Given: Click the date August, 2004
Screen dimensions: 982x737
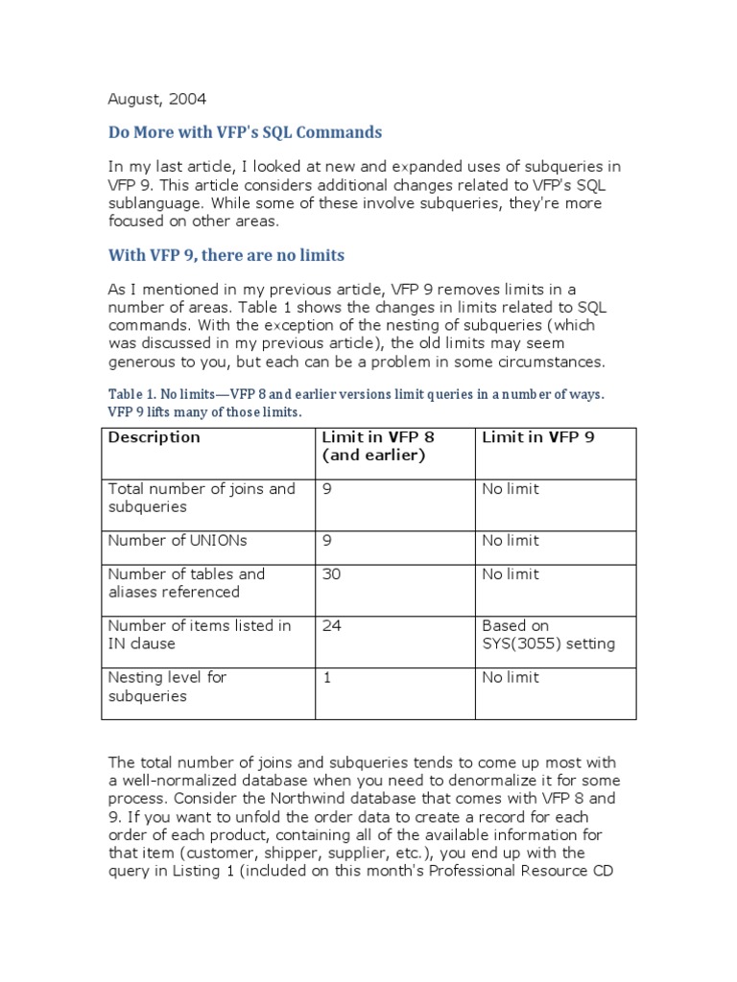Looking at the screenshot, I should [x=156, y=99].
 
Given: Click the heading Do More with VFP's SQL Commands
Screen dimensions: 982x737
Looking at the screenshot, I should [x=245, y=132].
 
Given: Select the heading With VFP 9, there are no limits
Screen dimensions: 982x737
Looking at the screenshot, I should [x=226, y=255].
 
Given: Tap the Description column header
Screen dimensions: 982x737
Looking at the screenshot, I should [x=154, y=437].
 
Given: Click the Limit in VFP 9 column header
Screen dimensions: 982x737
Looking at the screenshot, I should [x=537, y=437].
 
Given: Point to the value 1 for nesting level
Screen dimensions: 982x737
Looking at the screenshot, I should [x=327, y=678].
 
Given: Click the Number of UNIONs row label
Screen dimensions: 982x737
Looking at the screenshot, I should [x=178, y=541].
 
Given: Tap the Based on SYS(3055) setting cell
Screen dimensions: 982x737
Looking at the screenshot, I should [x=548, y=635].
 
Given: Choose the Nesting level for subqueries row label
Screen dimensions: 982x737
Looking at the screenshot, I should [x=167, y=687].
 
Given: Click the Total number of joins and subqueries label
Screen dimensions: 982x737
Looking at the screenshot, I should [x=202, y=498].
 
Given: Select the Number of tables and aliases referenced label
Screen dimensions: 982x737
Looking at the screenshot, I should [x=186, y=583].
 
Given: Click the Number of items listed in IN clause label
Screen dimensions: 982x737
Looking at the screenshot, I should [x=200, y=635].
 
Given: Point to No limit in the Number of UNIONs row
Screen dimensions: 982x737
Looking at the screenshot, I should [x=511, y=541].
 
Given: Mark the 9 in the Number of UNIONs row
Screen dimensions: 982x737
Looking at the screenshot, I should [x=327, y=541].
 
